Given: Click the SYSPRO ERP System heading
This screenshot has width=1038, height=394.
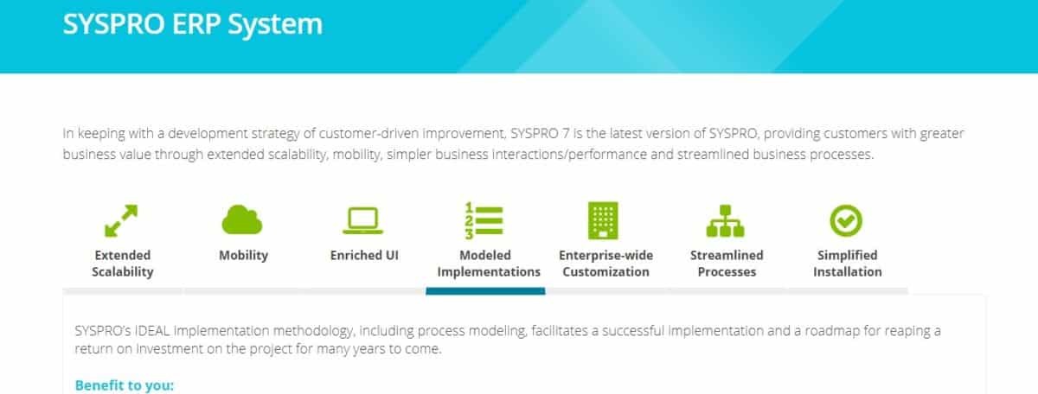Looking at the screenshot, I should (192, 24).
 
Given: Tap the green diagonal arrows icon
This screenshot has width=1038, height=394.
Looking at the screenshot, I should (122, 220).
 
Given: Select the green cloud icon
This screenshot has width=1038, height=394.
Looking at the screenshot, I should (243, 220).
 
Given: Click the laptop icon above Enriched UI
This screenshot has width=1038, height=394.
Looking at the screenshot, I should (364, 221).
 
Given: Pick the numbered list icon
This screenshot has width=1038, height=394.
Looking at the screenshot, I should (484, 220).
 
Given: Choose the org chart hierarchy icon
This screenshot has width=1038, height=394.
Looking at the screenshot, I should (726, 221).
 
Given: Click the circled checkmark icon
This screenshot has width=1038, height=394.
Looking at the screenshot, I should (846, 220).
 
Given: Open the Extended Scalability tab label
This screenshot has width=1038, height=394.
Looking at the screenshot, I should (123, 264).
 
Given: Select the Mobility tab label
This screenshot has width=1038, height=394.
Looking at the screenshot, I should (243, 255).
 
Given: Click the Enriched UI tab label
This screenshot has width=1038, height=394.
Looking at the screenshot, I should (364, 255).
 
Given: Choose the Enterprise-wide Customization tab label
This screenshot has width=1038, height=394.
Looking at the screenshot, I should (605, 264).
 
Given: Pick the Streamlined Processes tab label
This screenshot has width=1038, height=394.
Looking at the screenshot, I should (726, 264).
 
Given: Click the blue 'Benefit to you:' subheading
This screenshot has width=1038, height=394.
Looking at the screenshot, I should (124, 384).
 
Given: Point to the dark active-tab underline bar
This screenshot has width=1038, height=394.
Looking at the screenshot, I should (485, 291).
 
